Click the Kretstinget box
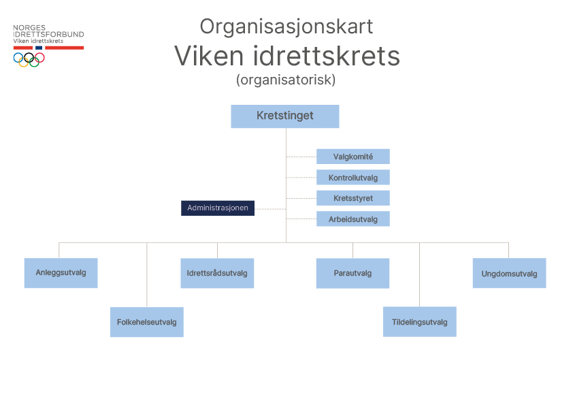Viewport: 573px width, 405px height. (284, 116)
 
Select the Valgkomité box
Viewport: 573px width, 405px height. (353, 157)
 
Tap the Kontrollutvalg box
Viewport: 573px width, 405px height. (353, 178)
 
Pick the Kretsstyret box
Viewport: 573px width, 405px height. (353, 198)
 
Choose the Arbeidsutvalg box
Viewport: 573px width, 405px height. (353, 219)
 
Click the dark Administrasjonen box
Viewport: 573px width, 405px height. (217, 208)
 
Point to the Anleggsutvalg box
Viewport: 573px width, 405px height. (61, 273)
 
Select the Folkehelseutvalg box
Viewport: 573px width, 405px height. (146, 322)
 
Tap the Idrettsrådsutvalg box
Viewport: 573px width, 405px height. (216, 273)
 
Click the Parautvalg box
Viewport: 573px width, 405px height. (353, 273)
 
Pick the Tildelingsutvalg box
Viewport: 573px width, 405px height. (419, 322)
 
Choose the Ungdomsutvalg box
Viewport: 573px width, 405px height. (509, 274)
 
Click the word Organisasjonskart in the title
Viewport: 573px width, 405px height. (286, 27)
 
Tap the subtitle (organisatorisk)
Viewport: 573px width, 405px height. (286, 80)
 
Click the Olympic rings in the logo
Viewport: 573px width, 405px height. (29, 59)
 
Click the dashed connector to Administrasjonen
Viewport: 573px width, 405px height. (269, 209)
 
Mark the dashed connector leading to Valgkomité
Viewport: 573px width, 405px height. (301, 157)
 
